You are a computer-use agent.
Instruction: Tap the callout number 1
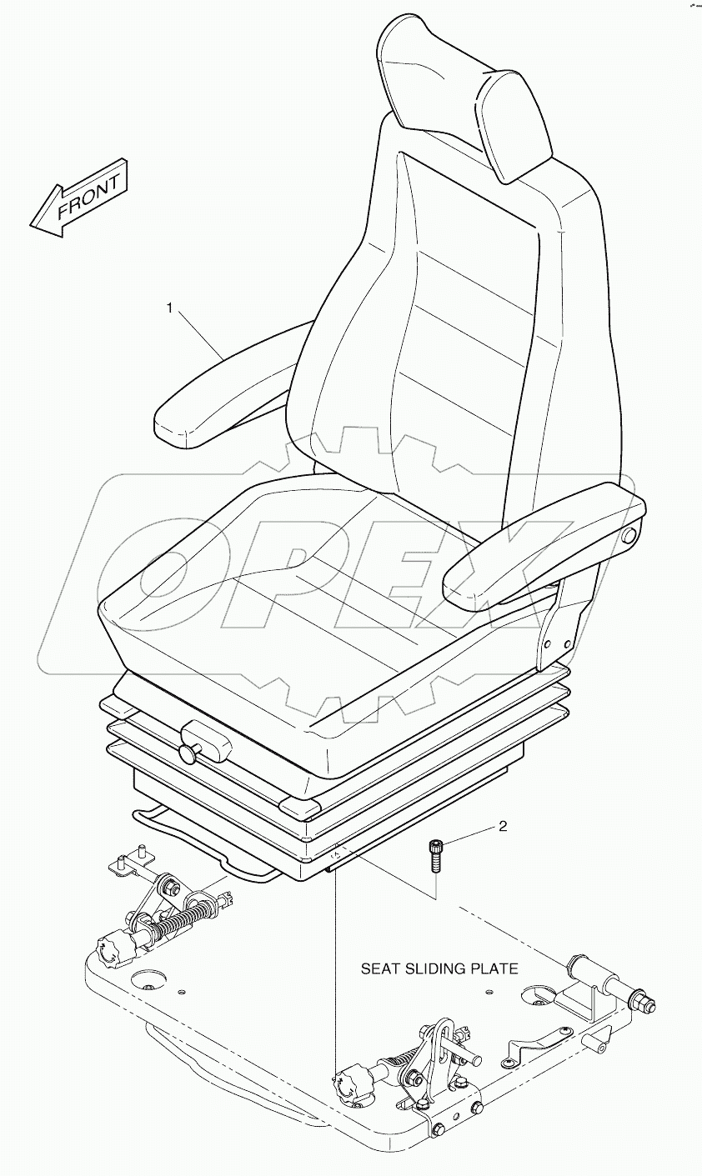pyautogui.click(x=169, y=309)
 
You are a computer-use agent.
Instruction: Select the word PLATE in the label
pyautogui.click(x=498, y=968)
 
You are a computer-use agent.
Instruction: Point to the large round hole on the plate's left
pyautogui.click(x=148, y=976)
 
